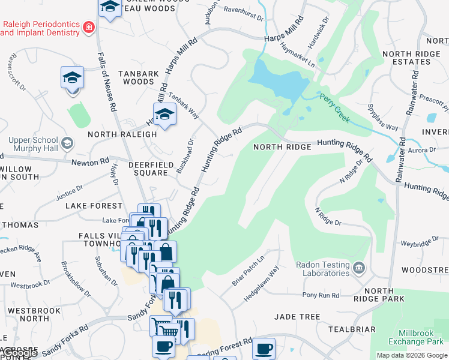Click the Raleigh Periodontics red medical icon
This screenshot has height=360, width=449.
89,27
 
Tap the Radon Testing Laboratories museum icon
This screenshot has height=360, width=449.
359,267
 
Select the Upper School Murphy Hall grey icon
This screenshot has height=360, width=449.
67,143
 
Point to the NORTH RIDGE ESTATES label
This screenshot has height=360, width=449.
415,58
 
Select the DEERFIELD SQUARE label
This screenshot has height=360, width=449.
148,169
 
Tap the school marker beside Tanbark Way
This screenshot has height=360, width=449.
164,113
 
